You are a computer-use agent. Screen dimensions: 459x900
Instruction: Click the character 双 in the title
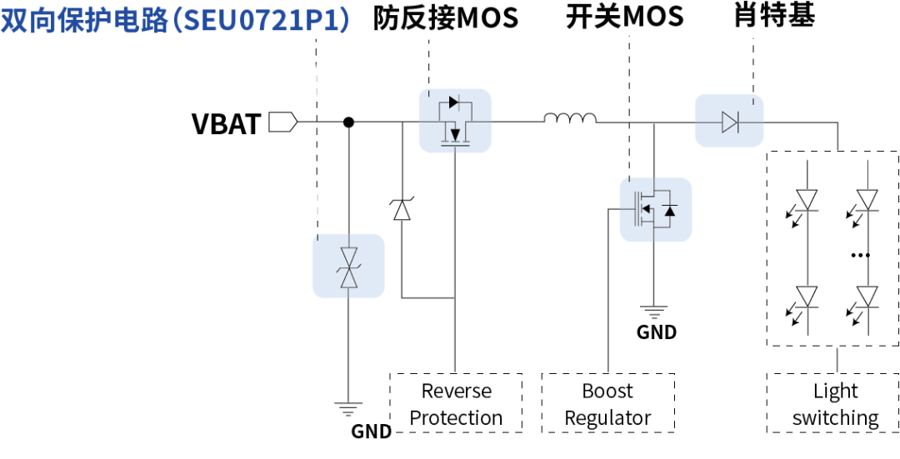pos(15,20)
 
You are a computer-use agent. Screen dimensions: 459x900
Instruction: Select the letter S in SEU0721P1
pos(192,20)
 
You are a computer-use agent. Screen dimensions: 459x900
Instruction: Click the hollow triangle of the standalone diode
pos(729,122)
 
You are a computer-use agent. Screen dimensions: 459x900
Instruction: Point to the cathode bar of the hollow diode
pos(737,122)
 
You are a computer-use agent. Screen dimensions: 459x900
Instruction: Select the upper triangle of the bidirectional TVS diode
pos(349,255)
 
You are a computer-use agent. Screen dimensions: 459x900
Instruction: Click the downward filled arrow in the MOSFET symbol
pos(455,134)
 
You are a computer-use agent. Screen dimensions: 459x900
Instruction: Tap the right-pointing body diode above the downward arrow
pos(454,102)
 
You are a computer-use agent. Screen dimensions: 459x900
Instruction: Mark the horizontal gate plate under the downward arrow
pos(455,145)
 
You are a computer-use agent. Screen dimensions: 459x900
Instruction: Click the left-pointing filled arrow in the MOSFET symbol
pos(647,209)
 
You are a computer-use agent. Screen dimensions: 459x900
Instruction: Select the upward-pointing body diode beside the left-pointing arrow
pos(670,211)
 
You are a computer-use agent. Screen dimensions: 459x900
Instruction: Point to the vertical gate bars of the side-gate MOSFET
pos(638,209)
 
